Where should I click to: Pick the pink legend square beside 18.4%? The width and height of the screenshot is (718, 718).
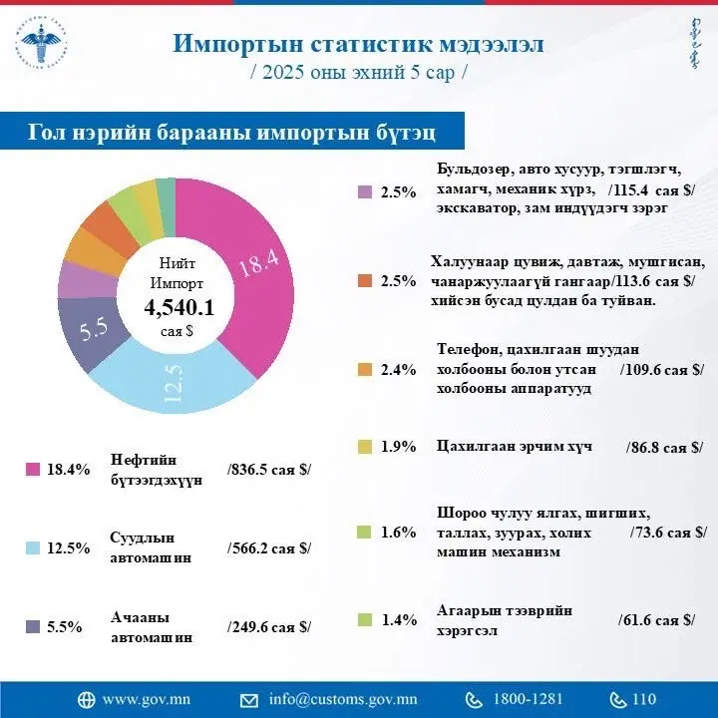[x=32, y=469]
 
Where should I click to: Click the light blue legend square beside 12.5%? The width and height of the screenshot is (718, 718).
[x=32, y=547]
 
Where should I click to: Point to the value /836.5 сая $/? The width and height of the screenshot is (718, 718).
[x=269, y=469]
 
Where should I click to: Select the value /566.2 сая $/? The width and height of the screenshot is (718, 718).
[x=269, y=547]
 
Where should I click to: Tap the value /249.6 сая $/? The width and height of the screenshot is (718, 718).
[x=269, y=626]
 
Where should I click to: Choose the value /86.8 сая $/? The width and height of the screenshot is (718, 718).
[x=664, y=448]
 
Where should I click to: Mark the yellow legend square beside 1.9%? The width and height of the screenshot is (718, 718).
[x=365, y=448]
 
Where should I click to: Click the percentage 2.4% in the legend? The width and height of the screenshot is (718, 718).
[x=398, y=370]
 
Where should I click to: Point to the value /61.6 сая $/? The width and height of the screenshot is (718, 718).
[x=656, y=620]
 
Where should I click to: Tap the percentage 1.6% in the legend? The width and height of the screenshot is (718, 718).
[x=398, y=533]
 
